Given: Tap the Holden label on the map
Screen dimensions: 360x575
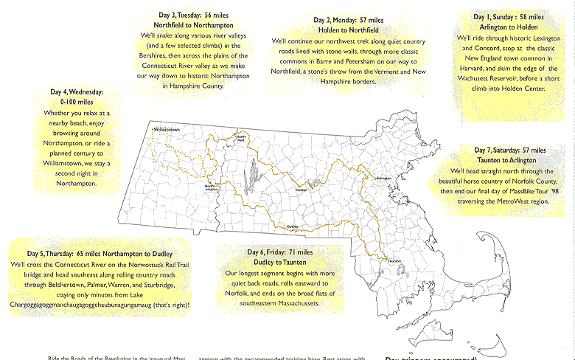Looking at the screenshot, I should [x=301, y=190].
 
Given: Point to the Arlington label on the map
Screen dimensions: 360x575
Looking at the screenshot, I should [x=383, y=179].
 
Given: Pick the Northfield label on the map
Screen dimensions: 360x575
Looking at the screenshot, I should [x=241, y=138].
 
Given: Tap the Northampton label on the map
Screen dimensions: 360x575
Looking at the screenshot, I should [x=212, y=187].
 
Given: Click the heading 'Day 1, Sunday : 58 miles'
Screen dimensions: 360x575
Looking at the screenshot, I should [x=501, y=15].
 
